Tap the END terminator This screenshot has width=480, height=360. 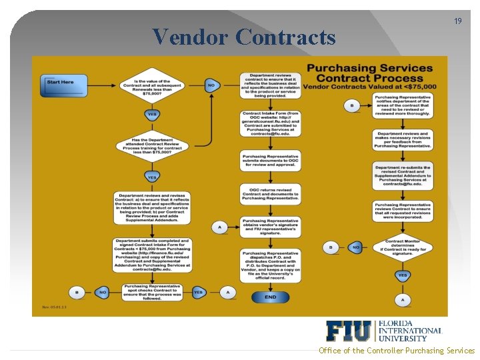point(269,297)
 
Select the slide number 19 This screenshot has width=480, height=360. point(457,21)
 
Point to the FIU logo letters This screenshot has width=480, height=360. point(349,331)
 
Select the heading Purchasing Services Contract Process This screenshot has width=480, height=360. point(369,73)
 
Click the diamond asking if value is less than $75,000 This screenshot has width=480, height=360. point(153,85)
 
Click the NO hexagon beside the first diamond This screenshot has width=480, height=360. point(211,85)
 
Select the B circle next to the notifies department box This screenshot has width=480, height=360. point(352,105)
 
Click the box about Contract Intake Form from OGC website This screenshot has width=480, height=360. point(270,123)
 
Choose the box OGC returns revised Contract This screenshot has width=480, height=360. point(270,193)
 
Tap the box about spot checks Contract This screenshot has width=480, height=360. point(153,291)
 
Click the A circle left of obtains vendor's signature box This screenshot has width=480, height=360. point(219,227)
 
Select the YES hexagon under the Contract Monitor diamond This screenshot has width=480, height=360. point(403,275)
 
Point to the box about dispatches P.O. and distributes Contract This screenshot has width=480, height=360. point(270,265)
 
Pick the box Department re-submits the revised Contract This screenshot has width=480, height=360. point(403,176)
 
